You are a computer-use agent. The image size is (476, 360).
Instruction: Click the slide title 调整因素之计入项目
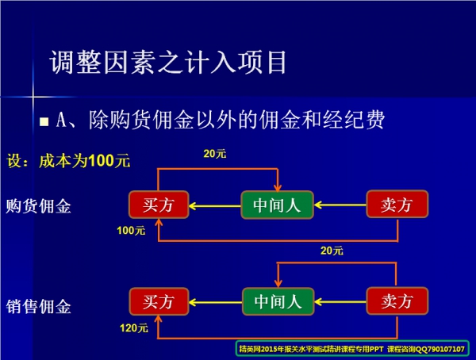coord(167,62)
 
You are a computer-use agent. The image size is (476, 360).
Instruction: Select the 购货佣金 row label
coord(39,207)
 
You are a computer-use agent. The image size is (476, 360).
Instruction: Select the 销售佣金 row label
coord(39,306)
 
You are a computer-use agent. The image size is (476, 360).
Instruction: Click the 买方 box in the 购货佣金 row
coord(159,205)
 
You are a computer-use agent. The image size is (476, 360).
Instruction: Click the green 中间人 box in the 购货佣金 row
coord(277,205)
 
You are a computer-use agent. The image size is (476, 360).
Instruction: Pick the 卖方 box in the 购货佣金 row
coord(397,205)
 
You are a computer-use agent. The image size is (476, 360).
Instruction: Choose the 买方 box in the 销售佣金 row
coord(159,301)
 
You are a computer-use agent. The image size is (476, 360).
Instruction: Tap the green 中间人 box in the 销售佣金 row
coord(277,301)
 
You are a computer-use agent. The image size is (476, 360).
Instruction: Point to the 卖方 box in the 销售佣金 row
coord(397,301)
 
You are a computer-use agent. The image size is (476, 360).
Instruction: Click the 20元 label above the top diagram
coord(215,155)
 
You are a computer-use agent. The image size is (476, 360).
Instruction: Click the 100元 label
coord(131,231)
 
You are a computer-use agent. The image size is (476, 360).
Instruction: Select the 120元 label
coord(131,327)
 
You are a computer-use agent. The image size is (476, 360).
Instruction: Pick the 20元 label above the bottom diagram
coord(332,251)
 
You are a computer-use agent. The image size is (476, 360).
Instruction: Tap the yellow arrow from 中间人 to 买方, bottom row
coord(216,302)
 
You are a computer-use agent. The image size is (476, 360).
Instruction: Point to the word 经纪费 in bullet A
coord(356,120)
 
